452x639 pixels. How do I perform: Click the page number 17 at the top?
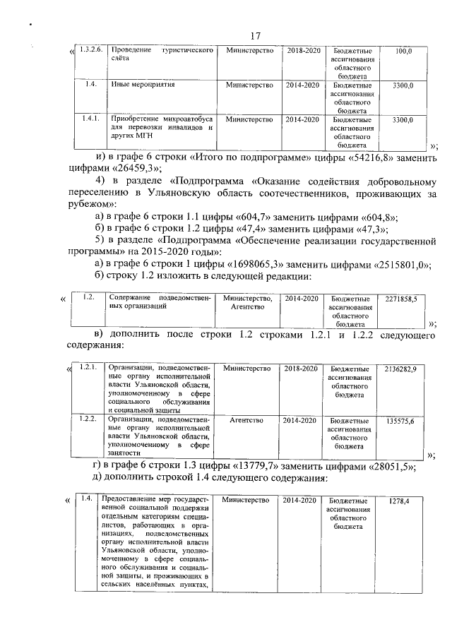click(255, 36)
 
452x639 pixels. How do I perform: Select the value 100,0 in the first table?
click(404, 52)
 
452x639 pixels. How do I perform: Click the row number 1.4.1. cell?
click(91, 119)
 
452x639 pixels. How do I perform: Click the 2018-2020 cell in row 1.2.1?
click(302, 369)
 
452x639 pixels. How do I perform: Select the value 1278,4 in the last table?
click(400, 501)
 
